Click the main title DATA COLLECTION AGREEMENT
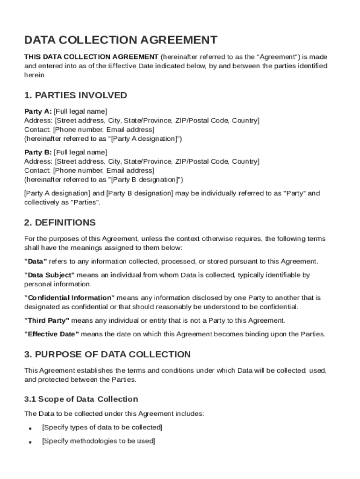coord(121,40)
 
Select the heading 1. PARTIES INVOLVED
coord(75,95)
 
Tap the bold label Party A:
coord(38,111)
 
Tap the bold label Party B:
coord(38,152)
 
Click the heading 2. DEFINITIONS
coord(60,223)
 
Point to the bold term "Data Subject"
coord(49,276)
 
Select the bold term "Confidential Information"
coord(69,298)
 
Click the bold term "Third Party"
coord(47,320)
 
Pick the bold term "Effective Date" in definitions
coord(52,334)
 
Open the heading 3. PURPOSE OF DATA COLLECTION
coord(108,355)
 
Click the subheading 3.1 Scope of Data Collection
coord(81,399)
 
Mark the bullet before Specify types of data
coord(30,428)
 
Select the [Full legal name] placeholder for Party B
coord(80,152)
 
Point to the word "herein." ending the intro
coord(35,75)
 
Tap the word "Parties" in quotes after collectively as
coord(85,203)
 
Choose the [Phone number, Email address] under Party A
coord(103,130)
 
